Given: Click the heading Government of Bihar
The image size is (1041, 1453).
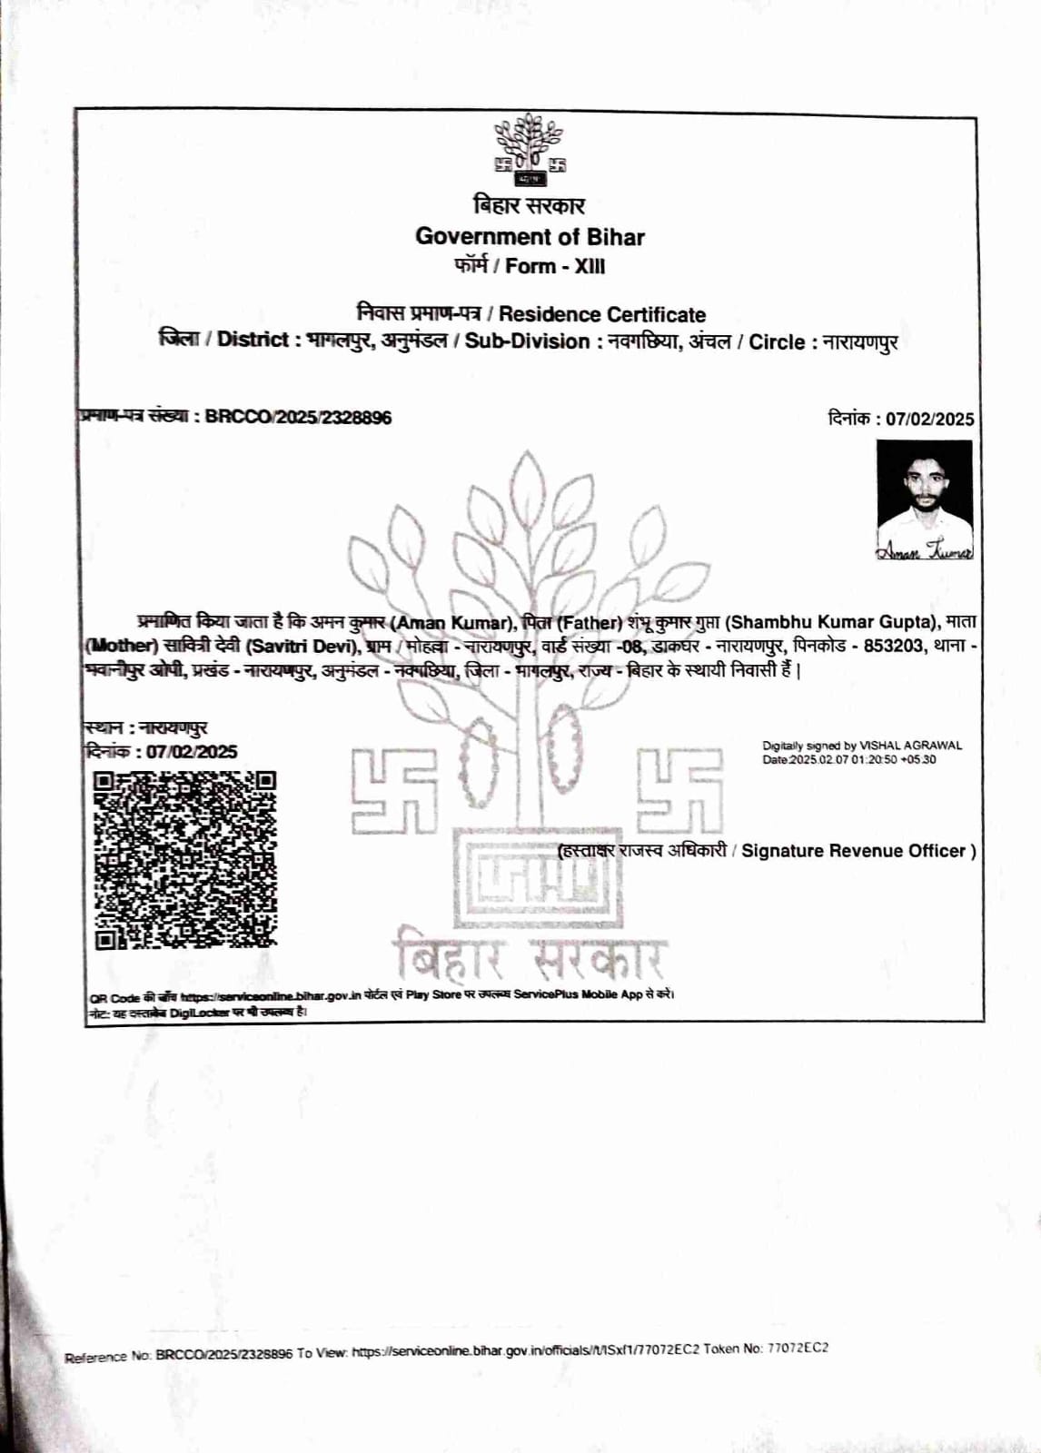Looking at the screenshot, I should click(530, 237).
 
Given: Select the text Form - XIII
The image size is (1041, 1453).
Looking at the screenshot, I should click(555, 267).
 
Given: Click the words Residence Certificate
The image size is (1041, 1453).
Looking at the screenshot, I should click(601, 315).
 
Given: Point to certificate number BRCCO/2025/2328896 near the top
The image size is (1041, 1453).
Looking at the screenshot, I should click(298, 418).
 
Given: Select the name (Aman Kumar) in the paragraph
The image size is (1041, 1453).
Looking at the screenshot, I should click(453, 623).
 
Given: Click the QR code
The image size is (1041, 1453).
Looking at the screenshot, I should click(185, 860).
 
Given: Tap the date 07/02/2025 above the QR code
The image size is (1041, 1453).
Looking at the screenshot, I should click(191, 752).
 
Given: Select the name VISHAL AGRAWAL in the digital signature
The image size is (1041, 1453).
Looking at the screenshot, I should click(910, 746).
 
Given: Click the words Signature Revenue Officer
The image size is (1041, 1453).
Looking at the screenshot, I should click(853, 851).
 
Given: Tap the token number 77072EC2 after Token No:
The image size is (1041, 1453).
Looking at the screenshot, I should click(798, 1349).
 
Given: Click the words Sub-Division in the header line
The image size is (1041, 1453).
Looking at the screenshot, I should click(527, 342).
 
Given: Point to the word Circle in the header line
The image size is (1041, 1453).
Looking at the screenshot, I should click(777, 342).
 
